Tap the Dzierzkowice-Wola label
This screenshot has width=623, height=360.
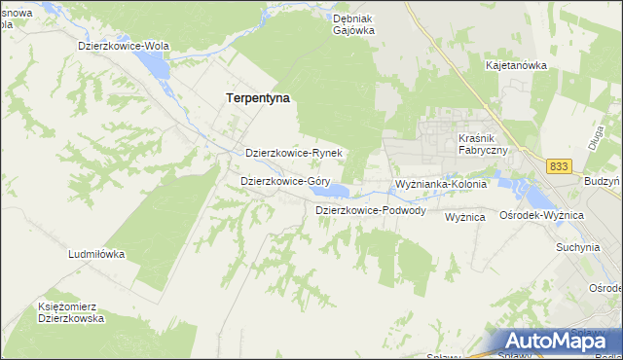point(126,46)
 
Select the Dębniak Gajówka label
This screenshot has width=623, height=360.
point(353,23)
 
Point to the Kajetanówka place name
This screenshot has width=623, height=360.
point(516,65)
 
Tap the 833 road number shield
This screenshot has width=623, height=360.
point(558,167)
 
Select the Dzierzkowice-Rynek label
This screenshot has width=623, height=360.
point(293,154)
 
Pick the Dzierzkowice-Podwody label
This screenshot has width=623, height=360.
point(370,210)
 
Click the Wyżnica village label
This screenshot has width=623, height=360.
point(464,217)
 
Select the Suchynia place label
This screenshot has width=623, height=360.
point(577,247)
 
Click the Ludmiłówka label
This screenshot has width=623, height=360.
point(96,254)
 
